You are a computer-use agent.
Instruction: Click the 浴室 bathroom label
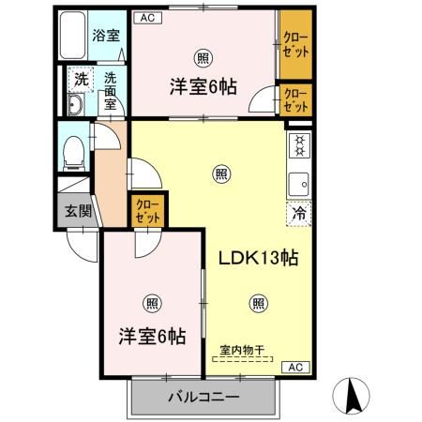coord(105,37)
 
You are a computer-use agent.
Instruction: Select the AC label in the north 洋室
coord(146,16)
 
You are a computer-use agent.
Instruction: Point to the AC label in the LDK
coord(293,367)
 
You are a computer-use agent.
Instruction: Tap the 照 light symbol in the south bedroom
coord(151,302)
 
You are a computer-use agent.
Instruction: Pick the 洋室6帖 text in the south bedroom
coord(151,334)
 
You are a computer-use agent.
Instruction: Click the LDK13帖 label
coord(258,259)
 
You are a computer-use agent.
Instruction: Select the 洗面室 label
coord(110,91)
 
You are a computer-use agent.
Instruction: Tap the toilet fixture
coord(74,150)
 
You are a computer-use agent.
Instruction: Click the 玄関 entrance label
coord(78,210)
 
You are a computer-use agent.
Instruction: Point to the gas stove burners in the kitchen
coord(300,146)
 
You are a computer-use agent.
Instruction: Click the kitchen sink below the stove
coord(300,182)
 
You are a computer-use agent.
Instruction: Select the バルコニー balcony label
coord(203,398)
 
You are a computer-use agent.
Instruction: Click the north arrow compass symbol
coord(355,393)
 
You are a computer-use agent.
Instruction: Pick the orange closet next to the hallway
coord(148,210)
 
